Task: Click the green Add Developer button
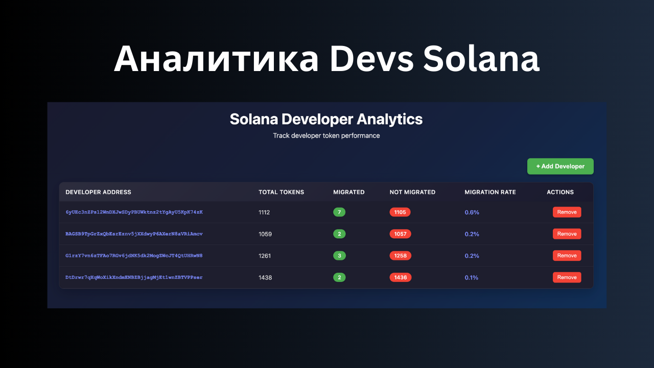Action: pyautogui.click(x=560, y=166)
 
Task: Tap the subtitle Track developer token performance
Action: pyautogui.click(x=326, y=136)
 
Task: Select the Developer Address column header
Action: pyautogui.click(x=98, y=192)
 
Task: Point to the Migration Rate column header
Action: pyautogui.click(x=490, y=192)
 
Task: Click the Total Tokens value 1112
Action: pyautogui.click(x=264, y=212)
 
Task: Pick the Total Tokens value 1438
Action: pyautogui.click(x=265, y=278)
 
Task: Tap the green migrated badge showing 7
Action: pyautogui.click(x=339, y=212)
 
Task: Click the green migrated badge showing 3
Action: pyautogui.click(x=339, y=256)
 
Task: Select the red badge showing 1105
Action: pyautogui.click(x=400, y=212)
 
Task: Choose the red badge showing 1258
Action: pyautogui.click(x=400, y=256)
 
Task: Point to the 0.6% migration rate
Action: pyautogui.click(x=472, y=212)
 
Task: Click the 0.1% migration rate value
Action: pyautogui.click(x=472, y=278)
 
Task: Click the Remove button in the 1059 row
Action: pyautogui.click(x=567, y=234)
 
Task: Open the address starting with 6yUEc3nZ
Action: pyautogui.click(x=134, y=212)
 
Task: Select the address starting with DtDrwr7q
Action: pyautogui.click(x=134, y=277)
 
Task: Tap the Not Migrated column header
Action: pyautogui.click(x=412, y=192)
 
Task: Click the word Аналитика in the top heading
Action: pyautogui.click(x=216, y=59)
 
